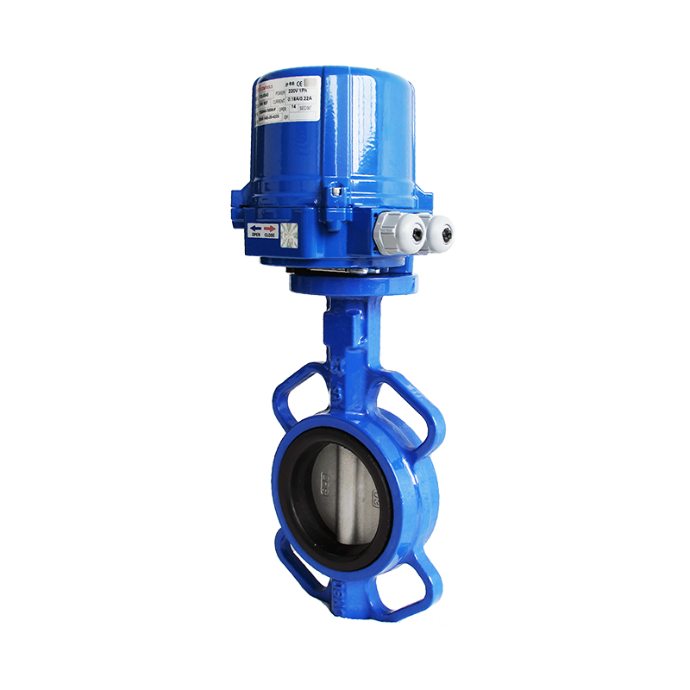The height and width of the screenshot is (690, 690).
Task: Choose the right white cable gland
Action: (442, 231)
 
